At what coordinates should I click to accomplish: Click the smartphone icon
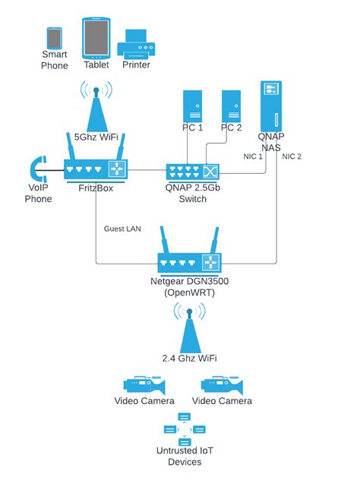click(x=54, y=38)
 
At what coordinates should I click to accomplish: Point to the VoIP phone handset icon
click(x=39, y=169)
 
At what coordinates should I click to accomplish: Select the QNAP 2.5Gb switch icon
click(x=192, y=171)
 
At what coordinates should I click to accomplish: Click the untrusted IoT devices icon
click(x=185, y=430)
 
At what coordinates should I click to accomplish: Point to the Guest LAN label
click(x=122, y=228)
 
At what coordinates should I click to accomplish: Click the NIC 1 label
click(x=253, y=156)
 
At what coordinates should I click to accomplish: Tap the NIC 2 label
click(x=292, y=156)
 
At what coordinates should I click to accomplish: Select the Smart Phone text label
click(x=55, y=60)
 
